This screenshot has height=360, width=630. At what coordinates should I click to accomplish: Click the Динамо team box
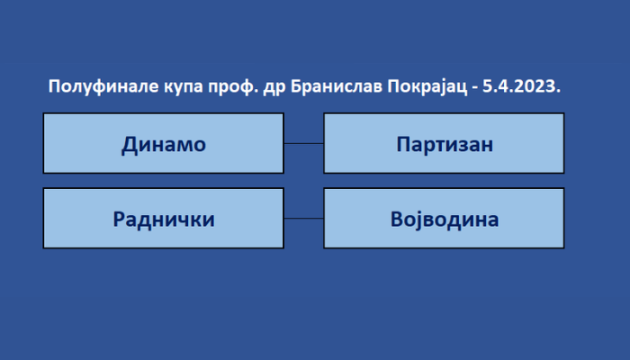[x=164, y=143]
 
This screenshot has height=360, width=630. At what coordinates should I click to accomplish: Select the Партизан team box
[x=444, y=143]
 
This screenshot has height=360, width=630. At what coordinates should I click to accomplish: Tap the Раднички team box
[x=164, y=218]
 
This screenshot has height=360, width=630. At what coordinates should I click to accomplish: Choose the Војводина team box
[x=444, y=218]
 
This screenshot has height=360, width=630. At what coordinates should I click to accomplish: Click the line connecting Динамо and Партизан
[x=304, y=143]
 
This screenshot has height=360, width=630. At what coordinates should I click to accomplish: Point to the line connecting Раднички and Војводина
[x=304, y=218]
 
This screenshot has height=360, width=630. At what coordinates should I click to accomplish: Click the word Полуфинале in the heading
[x=103, y=86]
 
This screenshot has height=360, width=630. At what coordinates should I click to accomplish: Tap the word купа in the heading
[x=184, y=87]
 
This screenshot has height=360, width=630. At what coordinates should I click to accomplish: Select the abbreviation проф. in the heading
[x=232, y=87]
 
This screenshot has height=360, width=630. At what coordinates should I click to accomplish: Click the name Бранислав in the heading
[x=337, y=86]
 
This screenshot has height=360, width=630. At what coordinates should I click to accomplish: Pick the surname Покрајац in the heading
[x=427, y=87]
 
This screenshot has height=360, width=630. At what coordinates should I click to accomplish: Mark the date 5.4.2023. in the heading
[x=521, y=86]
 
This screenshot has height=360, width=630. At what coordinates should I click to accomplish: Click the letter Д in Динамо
[x=129, y=145]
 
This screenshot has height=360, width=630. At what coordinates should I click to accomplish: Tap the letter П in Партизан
[x=403, y=144]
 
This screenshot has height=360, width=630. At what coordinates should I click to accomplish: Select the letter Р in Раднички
[x=119, y=220]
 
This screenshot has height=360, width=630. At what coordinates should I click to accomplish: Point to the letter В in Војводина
[x=397, y=220]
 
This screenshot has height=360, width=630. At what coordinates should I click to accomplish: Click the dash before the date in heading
[x=475, y=88]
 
